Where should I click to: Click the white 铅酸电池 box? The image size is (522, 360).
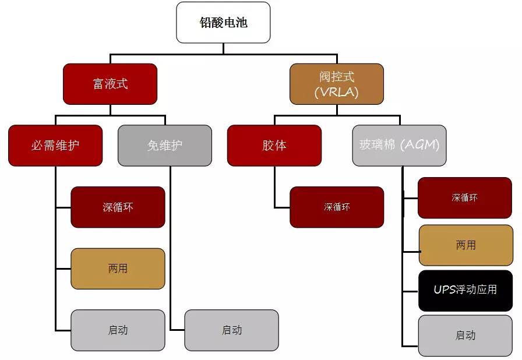coord(224,23)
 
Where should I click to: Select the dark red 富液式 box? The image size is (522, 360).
coord(110,84)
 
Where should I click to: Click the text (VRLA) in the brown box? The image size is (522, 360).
coord(337,92)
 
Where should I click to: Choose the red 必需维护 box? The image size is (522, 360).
coord(55,146)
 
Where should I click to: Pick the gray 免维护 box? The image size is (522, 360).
coord(165,146)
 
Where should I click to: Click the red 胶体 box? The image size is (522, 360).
coord(274,146)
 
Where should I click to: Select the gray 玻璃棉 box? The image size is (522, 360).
coord(400,146)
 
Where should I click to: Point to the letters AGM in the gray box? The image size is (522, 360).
coord(421,145)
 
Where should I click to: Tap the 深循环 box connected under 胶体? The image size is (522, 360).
coord(337,207)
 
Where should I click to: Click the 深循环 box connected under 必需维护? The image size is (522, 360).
coord(118,207)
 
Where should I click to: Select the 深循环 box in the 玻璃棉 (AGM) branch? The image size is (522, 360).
coord(464,198)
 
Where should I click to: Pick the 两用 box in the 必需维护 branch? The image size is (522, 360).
coord(118,269)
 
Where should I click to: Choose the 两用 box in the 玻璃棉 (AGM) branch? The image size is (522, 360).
coord(465,245)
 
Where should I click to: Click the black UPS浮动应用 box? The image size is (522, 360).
coord(465,290)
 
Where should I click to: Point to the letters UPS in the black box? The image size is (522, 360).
coord(443,290)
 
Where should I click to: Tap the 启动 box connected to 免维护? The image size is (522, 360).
coord(231,330)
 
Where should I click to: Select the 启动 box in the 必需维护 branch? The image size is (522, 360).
coord(118,330)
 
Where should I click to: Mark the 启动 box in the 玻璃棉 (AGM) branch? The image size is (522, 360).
coord(465,336)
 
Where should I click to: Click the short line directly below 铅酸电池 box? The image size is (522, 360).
coord(224,49)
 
